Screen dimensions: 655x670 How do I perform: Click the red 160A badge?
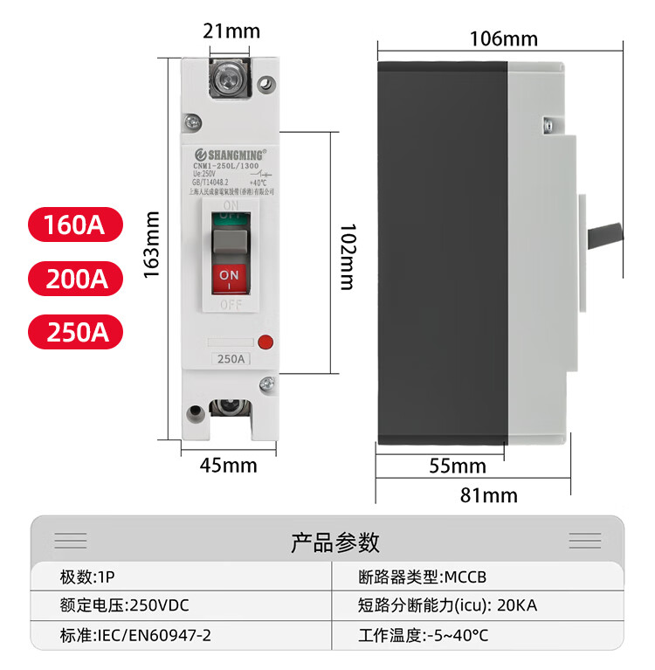(75, 224)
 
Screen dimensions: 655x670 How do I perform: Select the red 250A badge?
(75, 332)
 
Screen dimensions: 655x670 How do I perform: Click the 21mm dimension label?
(231, 31)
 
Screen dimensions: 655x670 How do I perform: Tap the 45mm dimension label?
(228, 465)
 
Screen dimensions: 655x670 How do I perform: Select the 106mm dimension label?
(503, 38)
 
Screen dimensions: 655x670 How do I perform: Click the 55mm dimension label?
(458, 466)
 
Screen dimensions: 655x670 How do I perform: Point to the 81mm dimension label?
(488, 496)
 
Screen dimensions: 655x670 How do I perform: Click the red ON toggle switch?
(229, 278)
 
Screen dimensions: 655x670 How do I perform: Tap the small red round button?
(267, 343)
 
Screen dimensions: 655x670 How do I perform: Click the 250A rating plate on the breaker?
(230, 359)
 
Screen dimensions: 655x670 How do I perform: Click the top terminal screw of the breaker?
(230, 80)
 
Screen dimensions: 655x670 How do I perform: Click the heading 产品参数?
(335, 542)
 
